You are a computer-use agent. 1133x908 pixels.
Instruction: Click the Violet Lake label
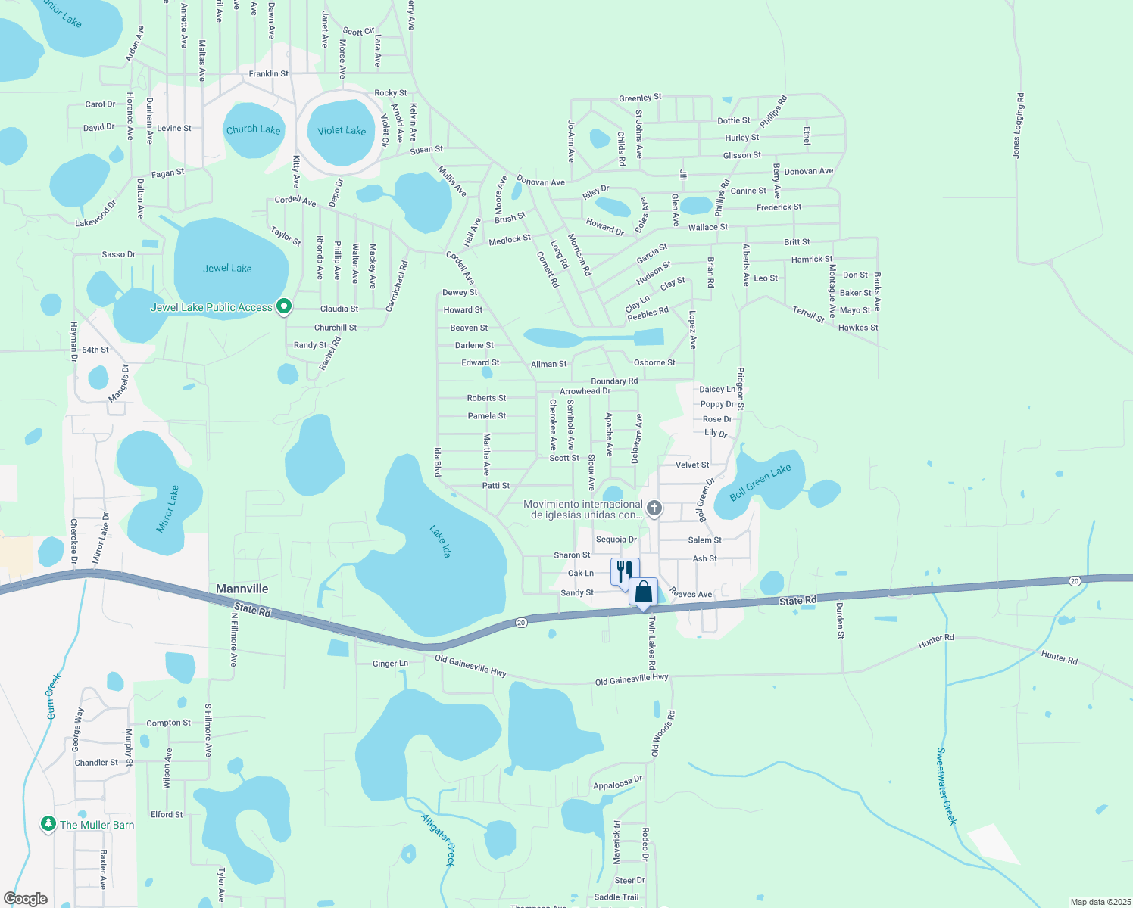(342, 131)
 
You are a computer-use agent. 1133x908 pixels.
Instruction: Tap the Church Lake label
(253, 129)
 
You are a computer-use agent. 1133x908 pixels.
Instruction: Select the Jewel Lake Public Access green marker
(284, 306)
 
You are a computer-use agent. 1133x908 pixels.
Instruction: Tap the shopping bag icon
(643, 592)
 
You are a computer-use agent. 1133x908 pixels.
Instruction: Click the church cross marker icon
(654, 508)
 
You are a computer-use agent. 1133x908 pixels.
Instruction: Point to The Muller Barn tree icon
(48, 824)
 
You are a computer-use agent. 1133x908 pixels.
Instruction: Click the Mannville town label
(242, 589)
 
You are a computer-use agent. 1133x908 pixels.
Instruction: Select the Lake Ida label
(440, 542)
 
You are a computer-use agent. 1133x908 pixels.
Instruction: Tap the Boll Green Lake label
(760, 482)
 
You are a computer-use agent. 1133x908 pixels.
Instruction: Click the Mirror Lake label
(168, 509)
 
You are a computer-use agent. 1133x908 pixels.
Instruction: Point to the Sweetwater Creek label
(947, 786)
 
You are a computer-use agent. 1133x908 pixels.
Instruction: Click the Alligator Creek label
(439, 838)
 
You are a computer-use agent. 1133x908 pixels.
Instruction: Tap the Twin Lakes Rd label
(651, 642)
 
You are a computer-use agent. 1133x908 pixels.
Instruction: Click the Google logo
(25, 899)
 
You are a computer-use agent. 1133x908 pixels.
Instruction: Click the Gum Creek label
(53, 696)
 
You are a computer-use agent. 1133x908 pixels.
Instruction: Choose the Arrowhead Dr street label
(585, 391)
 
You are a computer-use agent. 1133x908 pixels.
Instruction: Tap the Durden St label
(840, 620)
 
